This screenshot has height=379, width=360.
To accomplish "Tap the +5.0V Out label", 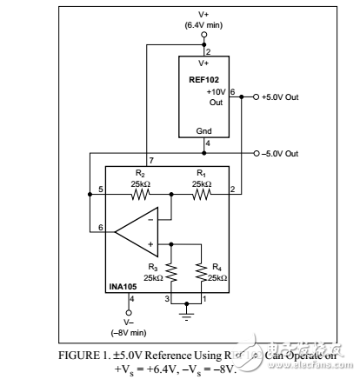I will pyautogui.click(x=280, y=96).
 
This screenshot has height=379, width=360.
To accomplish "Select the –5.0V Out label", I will pyautogui.click(x=280, y=153).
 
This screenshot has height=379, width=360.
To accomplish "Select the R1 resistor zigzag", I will pyautogui.click(x=200, y=195).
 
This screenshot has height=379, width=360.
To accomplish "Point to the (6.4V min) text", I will pyautogui.click(x=204, y=25).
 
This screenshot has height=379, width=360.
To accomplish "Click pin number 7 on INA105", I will pyautogui.click(x=151, y=162).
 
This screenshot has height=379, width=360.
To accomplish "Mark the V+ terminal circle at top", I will pyautogui.click(x=204, y=36).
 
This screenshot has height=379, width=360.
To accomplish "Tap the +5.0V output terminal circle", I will pyautogui.click(x=255, y=96).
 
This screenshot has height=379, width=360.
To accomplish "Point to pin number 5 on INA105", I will pyautogui.click(x=101, y=189).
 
